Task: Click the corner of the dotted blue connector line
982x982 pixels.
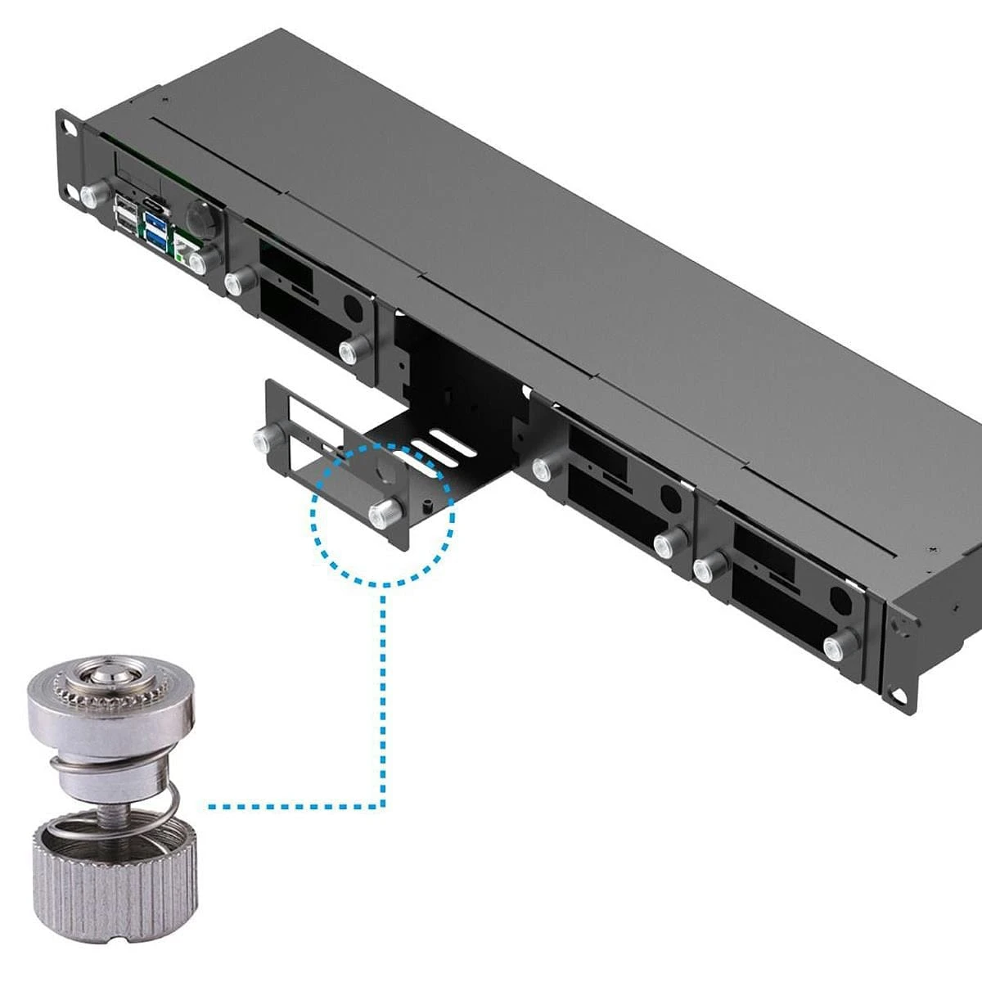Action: click(383, 807)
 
